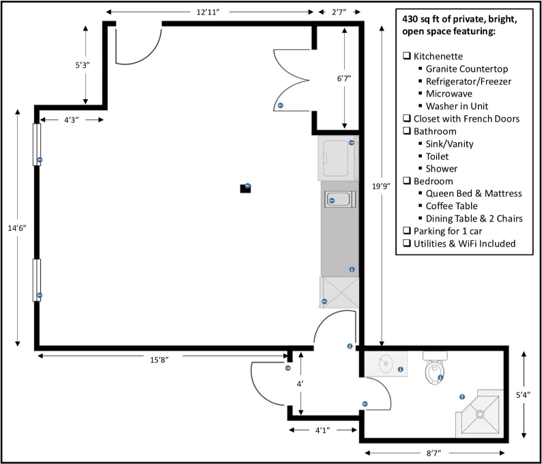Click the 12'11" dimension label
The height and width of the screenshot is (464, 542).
pos(208,12)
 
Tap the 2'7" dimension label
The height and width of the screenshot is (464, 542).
pos(339,12)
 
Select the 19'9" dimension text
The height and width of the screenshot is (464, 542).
pos(382,187)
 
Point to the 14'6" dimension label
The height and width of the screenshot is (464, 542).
pos(17,228)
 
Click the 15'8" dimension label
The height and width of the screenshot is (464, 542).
pos(159,360)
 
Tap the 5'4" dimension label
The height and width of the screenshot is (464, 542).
pos(524,395)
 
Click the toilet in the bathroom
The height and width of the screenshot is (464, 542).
pos(435,368)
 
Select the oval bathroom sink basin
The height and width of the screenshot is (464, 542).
pos(386,364)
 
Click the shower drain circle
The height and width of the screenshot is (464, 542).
pos(480,414)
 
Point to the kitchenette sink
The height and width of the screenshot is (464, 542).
pos(340,200)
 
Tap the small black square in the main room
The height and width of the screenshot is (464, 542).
pos(246,188)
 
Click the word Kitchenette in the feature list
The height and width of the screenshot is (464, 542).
pos(438,56)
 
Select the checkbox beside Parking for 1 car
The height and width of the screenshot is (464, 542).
pos(407,230)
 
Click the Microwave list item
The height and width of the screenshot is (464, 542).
pos(449,94)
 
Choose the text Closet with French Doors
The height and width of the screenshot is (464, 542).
pos(467,119)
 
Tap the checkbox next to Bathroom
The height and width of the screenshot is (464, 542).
pos(407,131)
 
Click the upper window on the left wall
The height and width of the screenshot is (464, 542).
pos(37,144)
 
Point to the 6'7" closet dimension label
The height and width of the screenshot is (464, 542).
pos(344,78)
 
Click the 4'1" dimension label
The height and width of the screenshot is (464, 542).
pos(322,430)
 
